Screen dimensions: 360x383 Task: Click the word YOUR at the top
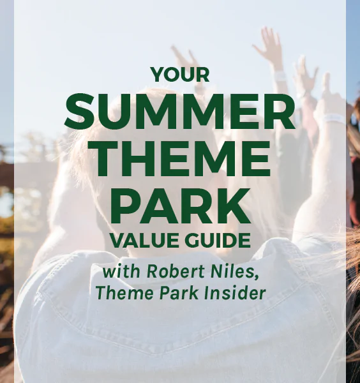[180, 75]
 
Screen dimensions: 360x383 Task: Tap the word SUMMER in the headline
[180, 111]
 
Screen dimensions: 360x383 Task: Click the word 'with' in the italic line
[121, 271]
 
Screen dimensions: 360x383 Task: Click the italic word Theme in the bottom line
[124, 292]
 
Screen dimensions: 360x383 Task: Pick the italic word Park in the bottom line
[179, 292]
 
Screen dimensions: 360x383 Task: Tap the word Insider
[235, 292]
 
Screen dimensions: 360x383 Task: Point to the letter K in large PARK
[235, 206]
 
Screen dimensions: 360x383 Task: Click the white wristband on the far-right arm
[333, 119]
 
